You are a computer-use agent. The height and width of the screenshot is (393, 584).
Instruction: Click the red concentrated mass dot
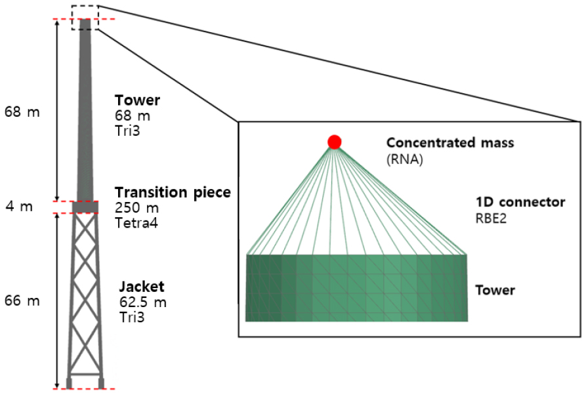334,142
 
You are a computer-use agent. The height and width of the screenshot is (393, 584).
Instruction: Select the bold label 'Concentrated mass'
450,142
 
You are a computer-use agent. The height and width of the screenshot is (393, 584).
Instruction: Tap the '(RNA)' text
404,159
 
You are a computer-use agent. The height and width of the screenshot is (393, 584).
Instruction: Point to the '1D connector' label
520,202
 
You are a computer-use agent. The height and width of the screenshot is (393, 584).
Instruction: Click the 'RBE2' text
491,218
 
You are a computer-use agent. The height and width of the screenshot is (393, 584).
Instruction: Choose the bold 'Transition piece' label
173,193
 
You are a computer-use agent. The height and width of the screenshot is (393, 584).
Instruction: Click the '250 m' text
136,207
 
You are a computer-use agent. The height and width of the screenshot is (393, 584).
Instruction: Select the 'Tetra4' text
136,223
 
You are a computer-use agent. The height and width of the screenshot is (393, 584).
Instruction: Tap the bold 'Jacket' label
142,287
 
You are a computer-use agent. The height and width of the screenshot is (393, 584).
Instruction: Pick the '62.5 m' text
142,302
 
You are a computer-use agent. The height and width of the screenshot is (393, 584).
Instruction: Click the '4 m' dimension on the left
19,207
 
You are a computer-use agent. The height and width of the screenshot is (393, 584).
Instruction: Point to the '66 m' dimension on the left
22,300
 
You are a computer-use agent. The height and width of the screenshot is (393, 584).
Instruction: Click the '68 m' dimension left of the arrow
22,112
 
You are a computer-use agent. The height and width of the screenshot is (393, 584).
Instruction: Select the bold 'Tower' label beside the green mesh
495,290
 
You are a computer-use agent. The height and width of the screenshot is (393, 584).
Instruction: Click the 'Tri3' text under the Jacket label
131,317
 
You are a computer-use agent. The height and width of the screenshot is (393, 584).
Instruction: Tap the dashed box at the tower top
85,6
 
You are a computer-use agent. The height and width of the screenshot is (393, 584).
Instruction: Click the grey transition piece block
85,207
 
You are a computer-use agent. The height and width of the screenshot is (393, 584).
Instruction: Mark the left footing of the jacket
69,383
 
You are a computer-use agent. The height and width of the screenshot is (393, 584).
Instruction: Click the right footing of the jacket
101,383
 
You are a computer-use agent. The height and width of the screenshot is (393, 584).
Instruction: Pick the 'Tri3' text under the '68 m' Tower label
127,131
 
